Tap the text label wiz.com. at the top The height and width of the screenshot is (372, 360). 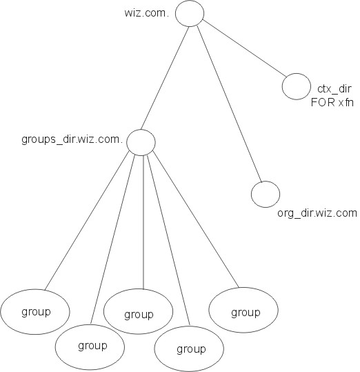coord(147,13)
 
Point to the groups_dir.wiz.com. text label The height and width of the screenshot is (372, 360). coord(72,139)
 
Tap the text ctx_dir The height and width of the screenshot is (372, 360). coord(334,89)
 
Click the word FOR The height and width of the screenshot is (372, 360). coord(323,102)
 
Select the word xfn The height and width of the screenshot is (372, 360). coord(346,102)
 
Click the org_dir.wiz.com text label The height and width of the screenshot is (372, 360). coord(317,213)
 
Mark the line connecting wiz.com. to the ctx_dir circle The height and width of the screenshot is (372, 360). coord(244,48)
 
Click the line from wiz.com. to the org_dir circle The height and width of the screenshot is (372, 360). coord(230,104)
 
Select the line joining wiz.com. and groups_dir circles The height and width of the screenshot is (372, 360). coord(165,78)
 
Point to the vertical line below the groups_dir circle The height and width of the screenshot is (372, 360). coord(143,222)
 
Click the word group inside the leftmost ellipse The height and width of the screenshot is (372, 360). coord(36,312)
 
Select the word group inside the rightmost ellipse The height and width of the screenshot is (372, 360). coord(246,313)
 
